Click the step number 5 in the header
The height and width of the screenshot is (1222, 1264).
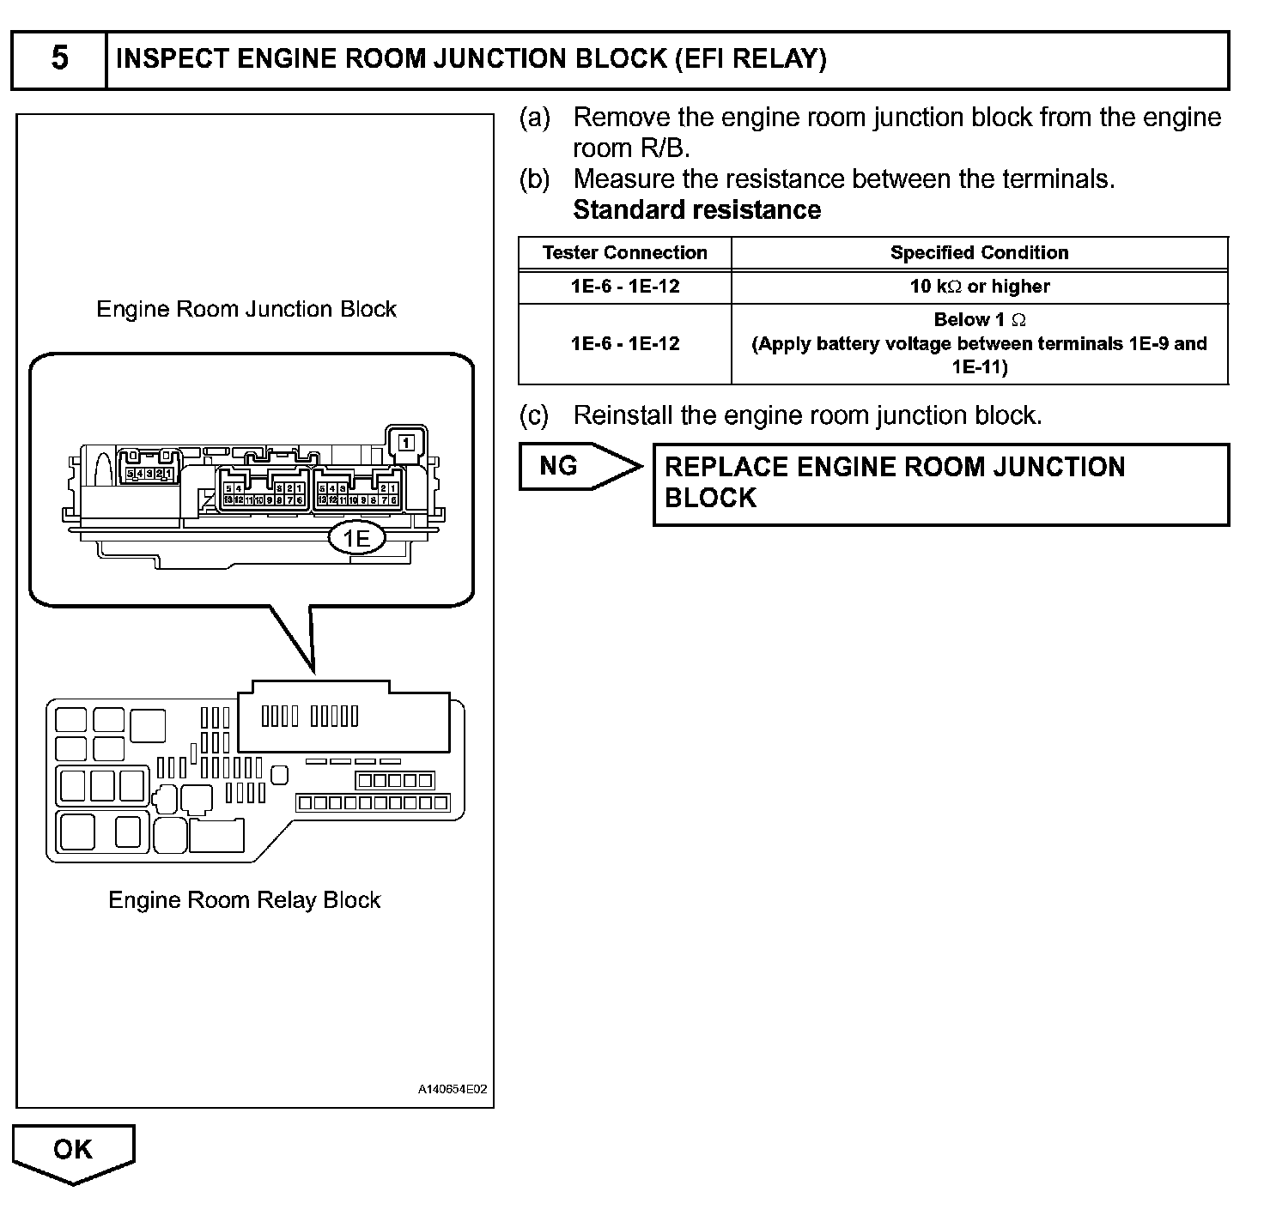pyautogui.click(x=59, y=59)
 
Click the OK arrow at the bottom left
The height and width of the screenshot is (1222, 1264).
pyautogui.click(x=73, y=1151)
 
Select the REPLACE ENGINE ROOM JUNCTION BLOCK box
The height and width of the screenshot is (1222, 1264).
pyautogui.click(x=940, y=483)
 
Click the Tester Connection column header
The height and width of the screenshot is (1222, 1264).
pyautogui.click(x=624, y=253)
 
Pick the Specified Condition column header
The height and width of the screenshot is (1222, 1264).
pyautogui.click(x=979, y=253)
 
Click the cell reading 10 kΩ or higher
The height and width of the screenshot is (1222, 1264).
pyautogui.click(x=979, y=287)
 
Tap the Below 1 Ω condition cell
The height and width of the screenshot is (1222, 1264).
pyautogui.click(x=979, y=343)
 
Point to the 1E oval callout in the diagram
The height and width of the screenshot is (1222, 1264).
pyautogui.click(x=356, y=539)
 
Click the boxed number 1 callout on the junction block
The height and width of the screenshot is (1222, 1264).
pyautogui.click(x=406, y=443)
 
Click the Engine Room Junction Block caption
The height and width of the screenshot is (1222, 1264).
pyautogui.click(x=246, y=309)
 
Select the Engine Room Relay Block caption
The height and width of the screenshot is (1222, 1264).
pyautogui.click(x=244, y=900)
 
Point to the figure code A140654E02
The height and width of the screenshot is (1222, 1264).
pyautogui.click(x=452, y=1090)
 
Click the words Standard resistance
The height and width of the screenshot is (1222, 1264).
pyautogui.click(x=696, y=210)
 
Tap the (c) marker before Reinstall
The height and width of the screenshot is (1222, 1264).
pyautogui.click(x=534, y=416)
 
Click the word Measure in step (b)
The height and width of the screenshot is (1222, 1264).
pyautogui.click(x=623, y=179)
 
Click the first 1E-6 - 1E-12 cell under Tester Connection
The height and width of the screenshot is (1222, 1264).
pyautogui.click(x=624, y=287)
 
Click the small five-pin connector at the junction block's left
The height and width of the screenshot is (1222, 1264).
pyautogui.click(x=149, y=474)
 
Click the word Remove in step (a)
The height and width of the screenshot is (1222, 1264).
pyautogui.click(x=622, y=118)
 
